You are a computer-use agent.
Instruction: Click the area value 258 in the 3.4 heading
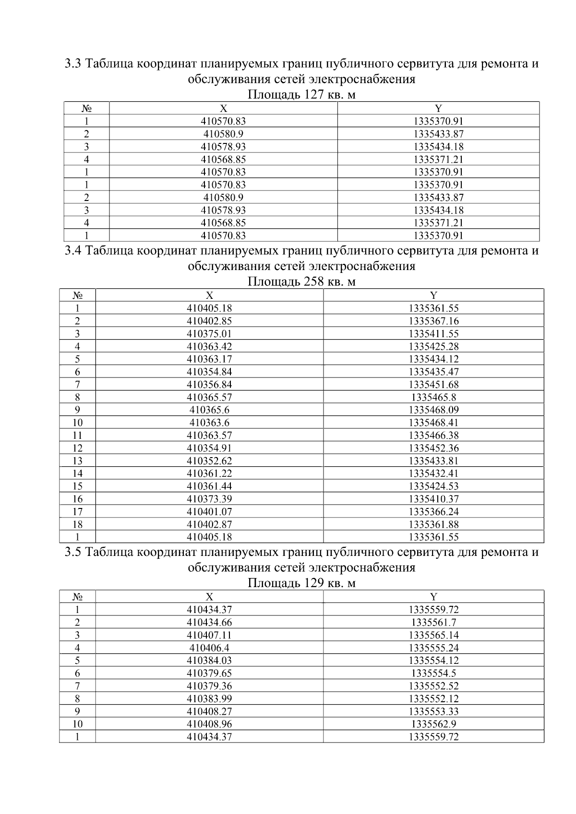314,282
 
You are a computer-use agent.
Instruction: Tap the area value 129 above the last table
314,583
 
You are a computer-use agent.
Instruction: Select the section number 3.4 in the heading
74,250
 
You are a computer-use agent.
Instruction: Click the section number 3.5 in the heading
74,552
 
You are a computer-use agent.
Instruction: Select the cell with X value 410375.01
209,333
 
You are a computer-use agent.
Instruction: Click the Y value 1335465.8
433,397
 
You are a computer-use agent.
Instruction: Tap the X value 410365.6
209,410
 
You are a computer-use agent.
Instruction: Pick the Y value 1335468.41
433,423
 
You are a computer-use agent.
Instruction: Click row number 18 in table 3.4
77,524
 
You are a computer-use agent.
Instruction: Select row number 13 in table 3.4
77,461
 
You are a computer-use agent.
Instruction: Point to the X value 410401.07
209,512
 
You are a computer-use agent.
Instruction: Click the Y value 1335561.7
433,623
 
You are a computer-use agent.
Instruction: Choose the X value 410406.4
209,648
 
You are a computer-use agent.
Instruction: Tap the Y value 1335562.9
433,724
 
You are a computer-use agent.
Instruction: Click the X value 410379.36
209,686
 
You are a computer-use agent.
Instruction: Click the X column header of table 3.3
223,108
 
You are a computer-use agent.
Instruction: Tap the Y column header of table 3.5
433,597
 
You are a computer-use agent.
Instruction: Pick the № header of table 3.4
77,295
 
